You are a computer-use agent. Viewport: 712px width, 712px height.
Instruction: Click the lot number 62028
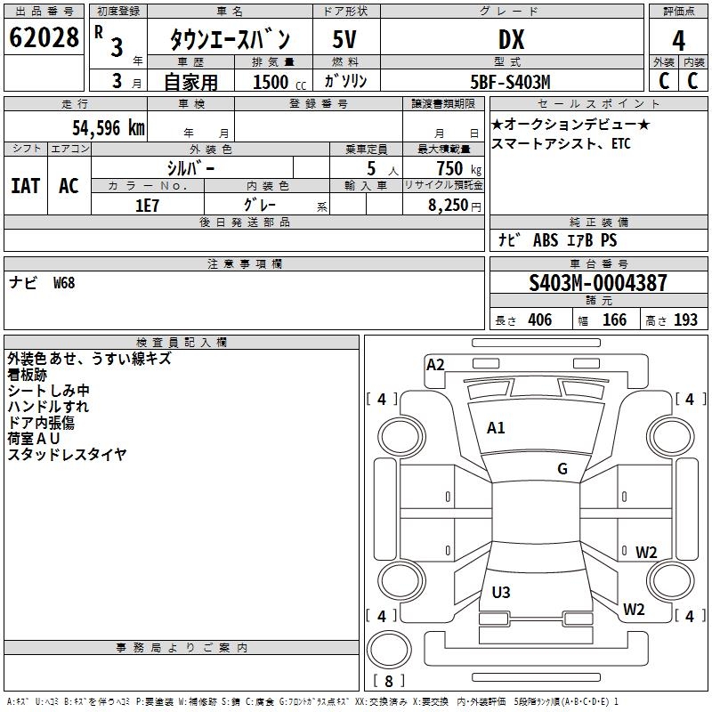point(44,40)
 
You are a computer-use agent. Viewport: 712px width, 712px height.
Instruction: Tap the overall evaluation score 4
point(678,41)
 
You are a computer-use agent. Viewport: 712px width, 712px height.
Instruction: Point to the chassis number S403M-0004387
point(597,283)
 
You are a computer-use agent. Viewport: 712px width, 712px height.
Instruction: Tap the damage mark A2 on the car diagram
point(435,364)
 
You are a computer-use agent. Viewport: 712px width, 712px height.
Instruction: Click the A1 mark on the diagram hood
point(496,428)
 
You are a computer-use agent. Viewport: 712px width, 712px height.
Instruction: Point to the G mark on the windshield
point(562,469)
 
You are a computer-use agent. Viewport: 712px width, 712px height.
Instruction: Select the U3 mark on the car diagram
point(501,592)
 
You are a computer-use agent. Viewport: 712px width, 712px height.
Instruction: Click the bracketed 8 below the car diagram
point(388,682)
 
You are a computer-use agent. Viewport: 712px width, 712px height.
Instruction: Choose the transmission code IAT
point(25,186)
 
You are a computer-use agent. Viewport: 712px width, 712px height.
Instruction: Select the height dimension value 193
point(685,320)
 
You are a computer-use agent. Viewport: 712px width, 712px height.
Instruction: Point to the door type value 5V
point(345,40)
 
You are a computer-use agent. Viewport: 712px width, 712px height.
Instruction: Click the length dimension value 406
point(539,320)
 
